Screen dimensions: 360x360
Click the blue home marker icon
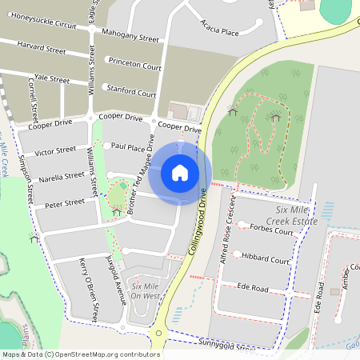180,173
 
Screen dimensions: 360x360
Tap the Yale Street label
49,79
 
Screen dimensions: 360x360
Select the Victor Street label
55,150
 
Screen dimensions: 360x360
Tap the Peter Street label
65,203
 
